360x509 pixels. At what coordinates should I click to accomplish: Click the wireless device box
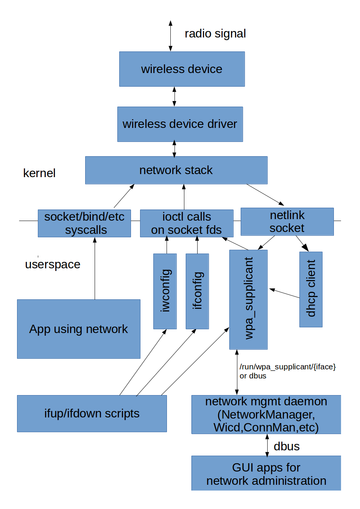click(x=182, y=69)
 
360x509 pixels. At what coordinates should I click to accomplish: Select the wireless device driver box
click(x=180, y=124)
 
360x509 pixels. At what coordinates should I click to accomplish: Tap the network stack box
click(x=176, y=170)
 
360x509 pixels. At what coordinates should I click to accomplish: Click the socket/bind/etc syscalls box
click(x=84, y=223)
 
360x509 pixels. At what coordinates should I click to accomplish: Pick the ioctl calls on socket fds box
click(x=186, y=223)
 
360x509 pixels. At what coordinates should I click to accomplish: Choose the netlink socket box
click(x=287, y=221)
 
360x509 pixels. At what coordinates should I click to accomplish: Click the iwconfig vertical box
click(x=165, y=291)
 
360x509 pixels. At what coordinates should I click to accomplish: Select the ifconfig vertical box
click(x=197, y=291)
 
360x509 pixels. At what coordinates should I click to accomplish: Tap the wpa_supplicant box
click(x=248, y=299)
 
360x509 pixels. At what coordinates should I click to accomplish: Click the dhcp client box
click(x=311, y=289)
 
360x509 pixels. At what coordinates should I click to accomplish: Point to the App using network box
click(x=78, y=329)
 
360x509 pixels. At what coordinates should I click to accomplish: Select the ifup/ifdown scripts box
click(x=92, y=413)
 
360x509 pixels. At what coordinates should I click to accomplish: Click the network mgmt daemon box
click(x=266, y=414)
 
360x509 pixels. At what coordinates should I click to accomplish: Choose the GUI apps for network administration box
click(x=266, y=473)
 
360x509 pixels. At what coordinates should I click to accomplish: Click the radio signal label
click(x=215, y=34)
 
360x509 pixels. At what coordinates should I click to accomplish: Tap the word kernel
click(x=39, y=173)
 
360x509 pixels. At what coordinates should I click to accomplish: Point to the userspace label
click(x=52, y=264)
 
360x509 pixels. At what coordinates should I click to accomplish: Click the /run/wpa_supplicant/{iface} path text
click(x=287, y=367)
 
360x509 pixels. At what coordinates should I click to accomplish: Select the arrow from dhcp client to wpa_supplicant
click(x=284, y=293)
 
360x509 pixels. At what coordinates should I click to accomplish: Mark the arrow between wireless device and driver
click(x=174, y=97)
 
